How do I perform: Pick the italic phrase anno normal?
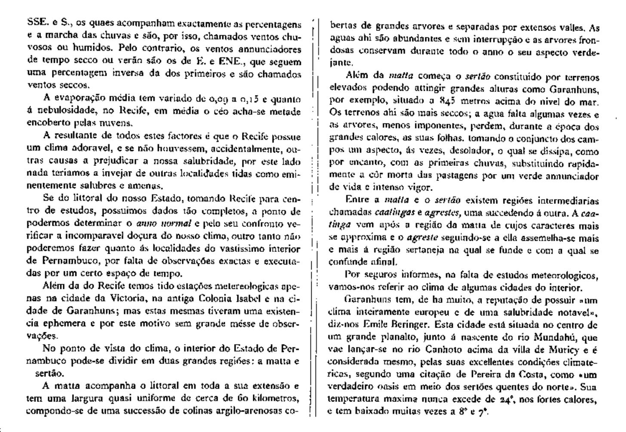coord(164,224)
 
